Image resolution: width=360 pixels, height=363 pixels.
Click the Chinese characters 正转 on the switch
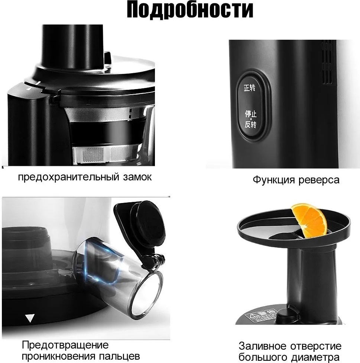250,89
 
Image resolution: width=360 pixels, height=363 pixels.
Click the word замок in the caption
137,177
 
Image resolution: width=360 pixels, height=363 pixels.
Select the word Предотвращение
65,345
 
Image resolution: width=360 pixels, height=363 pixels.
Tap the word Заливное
263,346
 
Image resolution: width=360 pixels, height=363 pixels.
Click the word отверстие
316,346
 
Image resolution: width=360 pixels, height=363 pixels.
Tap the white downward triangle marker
29,318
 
